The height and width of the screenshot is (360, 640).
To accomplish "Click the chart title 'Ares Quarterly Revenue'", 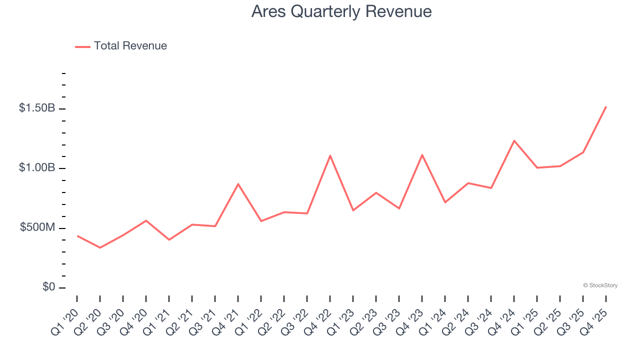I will tap(341, 11).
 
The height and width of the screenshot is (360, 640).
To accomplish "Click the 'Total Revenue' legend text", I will tap(130, 46).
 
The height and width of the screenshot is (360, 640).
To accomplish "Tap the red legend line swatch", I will tap(82, 46).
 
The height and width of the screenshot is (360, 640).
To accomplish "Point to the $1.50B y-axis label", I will tap(37, 108).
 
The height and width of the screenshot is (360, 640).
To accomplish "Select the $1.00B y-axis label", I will tap(37, 167).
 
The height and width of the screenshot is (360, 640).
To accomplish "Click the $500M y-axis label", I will tap(37, 227).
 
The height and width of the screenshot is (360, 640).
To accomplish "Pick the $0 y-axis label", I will tap(48, 287).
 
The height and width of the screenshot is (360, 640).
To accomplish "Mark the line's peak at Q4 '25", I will tap(606, 106).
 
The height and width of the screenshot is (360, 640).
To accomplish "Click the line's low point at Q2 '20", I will tap(100, 247).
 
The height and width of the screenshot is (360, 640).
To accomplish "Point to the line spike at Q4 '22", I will tap(330, 155).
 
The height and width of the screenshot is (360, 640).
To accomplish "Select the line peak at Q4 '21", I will tap(238, 184).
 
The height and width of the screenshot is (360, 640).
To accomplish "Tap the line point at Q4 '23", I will tap(422, 155).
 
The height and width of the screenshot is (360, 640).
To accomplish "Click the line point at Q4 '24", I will tap(514, 140).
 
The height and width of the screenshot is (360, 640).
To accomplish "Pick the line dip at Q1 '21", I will tap(169, 240).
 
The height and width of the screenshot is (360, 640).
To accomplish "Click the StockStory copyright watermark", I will tap(600, 285).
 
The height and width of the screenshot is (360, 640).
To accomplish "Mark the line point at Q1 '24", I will tap(445, 202).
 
